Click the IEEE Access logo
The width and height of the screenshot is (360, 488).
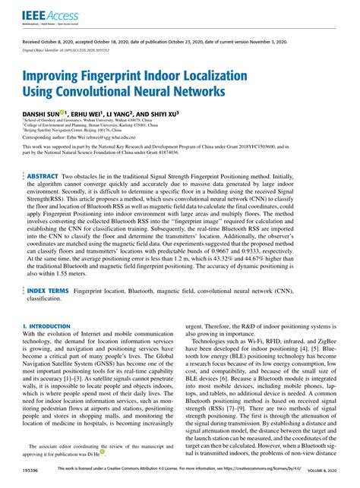point(46,16)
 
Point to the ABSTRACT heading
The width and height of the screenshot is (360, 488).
point(44,175)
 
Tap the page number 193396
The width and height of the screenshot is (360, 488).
point(33,471)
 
